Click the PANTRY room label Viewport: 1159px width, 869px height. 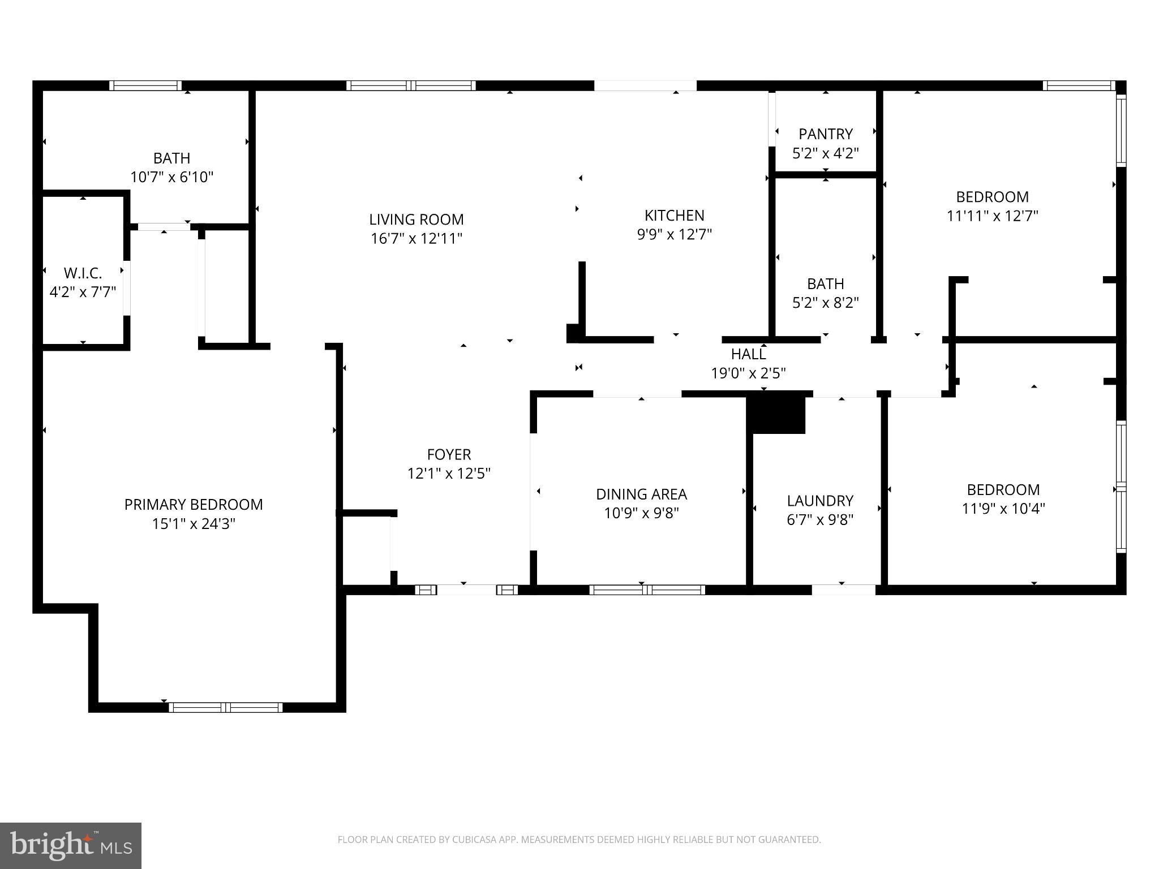[x=825, y=134]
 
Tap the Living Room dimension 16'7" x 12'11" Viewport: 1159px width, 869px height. [x=417, y=239]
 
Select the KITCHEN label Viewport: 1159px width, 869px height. [x=674, y=215]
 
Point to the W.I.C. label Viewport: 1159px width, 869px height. [x=83, y=273]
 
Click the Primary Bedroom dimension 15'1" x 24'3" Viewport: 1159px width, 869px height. [x=194, y=524]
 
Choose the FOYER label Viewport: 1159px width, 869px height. [x=449, y=454]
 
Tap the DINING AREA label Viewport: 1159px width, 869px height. [x=641, y=494]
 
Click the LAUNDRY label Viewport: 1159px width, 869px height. [x=820, y=501]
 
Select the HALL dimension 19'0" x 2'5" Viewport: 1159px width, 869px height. [x=748, y=373]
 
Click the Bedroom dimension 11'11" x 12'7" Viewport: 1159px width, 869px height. [x=992, y=216]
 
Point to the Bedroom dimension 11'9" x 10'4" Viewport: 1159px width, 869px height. [x=1003, y=509]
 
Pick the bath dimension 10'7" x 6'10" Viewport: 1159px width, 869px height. [x=171, y=178]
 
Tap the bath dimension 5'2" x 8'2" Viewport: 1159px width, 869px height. [x=825, y=303]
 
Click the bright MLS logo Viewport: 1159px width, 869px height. [x=71, y=845]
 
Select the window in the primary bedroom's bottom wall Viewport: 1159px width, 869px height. [x=225, y=707]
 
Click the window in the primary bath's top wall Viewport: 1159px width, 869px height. [x=145, y=85]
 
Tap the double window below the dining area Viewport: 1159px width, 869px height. [x=647, y=590]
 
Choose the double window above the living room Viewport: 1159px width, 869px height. [x=411, y=85]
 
